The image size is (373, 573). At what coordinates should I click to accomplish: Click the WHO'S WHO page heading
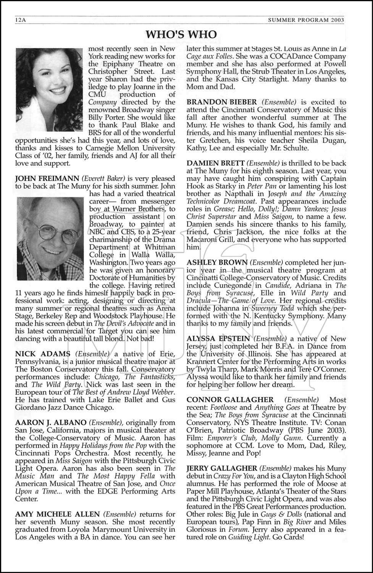(181, 34)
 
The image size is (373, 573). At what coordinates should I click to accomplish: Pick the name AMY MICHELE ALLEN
(57, 514)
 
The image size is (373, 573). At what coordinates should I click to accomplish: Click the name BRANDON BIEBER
(222, 102)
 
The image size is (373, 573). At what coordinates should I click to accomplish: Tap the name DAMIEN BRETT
(215, 163)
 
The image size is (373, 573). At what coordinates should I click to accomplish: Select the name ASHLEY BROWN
(217, 262)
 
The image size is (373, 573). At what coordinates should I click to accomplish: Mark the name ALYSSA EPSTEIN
(218, 339)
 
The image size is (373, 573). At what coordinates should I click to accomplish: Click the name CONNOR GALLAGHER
(230, 400)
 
